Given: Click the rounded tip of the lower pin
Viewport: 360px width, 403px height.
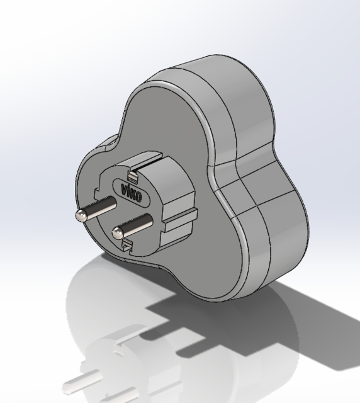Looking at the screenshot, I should pyautogui.click(x=116, y=233).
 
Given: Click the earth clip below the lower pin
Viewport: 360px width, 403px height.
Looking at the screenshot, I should pyautogui.click(x=128, y=245).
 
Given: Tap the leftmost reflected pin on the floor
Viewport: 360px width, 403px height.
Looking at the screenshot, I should pyautogui.click(x=79, y=382).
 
